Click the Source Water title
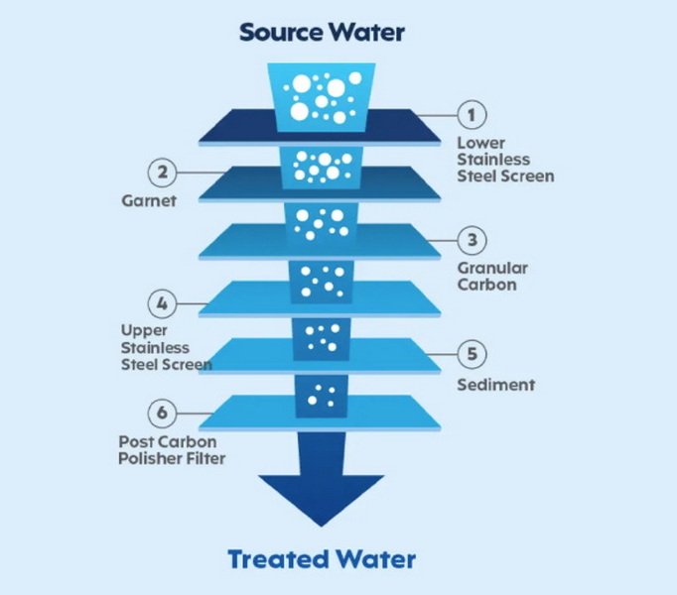322,32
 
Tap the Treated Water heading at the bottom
322,558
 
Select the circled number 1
472,115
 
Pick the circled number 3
472,239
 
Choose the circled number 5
472,353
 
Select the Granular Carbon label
492,277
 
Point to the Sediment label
495,385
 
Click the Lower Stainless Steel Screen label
504,160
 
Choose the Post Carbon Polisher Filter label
174,449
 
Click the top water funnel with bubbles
322,96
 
